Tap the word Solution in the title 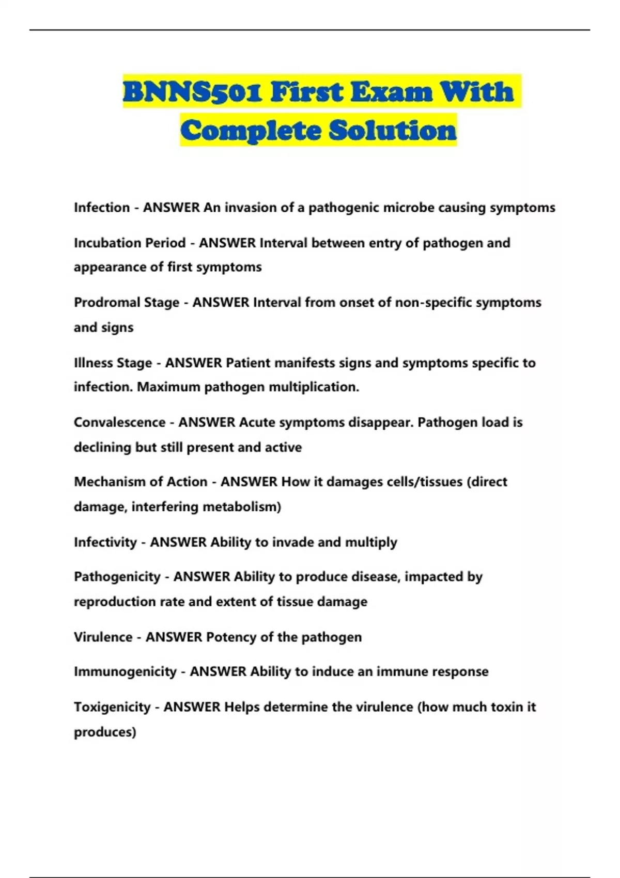(x=393, y=130)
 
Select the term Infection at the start (x=102, y=208)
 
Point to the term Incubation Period (x=130, y=243)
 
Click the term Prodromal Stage (x=127, y=302)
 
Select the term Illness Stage (x=113, y=363)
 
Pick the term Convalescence (x=119, y=422)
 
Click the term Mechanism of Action (x=141, y=482)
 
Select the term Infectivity (x=105, y=542)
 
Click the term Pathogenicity (x=117, y=576)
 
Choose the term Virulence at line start (x=103, y=637)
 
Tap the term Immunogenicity (x=125, y=671)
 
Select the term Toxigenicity (x=112, y=707)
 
